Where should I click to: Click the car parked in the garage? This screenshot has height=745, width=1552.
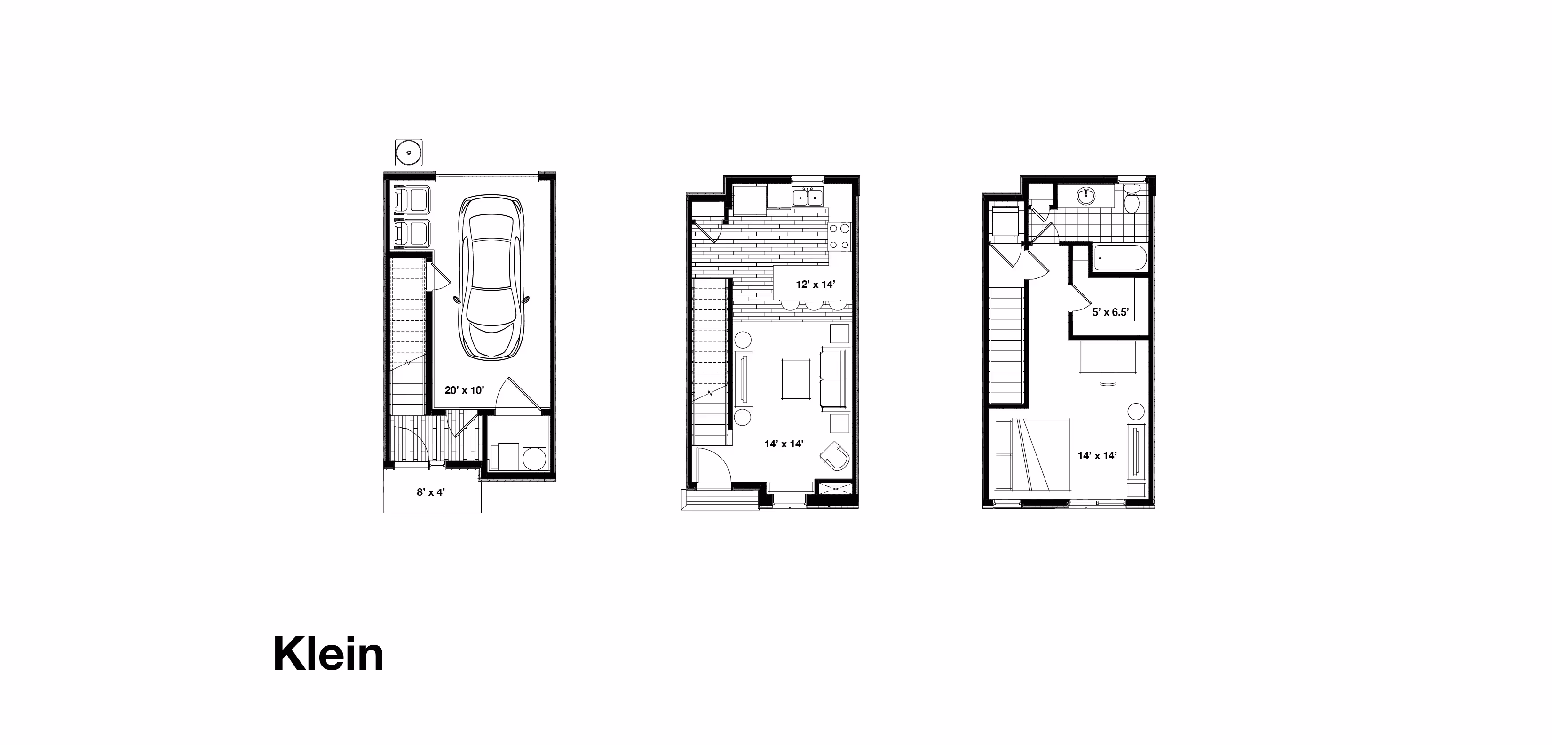point(491,278)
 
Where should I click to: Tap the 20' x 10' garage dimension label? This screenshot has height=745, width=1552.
point(464,390)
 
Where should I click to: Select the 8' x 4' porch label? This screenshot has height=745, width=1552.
point(431,492)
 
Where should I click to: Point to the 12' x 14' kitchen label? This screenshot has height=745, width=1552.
point(815,285)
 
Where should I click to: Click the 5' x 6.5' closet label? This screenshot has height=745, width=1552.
point(1110,312)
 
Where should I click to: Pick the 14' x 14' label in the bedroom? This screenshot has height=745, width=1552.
point(1097,456)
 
